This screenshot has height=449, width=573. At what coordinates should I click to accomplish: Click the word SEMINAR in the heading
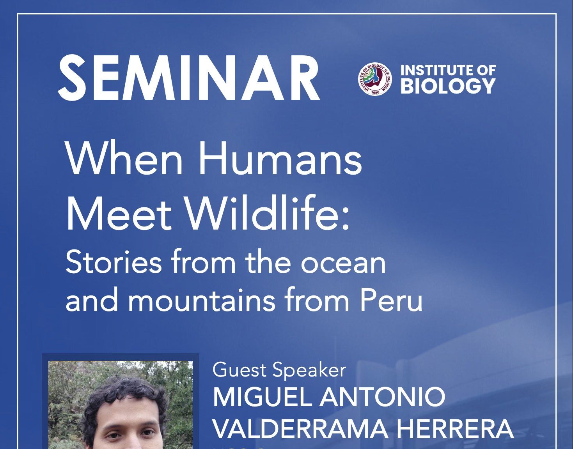(x=189, y=78)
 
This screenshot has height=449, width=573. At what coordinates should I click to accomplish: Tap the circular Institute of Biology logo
(x=375, y=79)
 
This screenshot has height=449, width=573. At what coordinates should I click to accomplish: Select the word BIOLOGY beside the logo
(x=448, y=86)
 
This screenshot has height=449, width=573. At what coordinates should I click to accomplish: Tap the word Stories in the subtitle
(x=114, y=262)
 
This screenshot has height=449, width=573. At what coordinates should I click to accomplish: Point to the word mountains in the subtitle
(x=201, y=301)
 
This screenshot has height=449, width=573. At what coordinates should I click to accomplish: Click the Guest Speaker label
(x=279, y=370)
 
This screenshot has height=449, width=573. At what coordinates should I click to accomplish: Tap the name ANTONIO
(x=383, y=397)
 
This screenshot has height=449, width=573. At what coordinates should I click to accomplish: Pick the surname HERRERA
(x=454, y=429)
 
